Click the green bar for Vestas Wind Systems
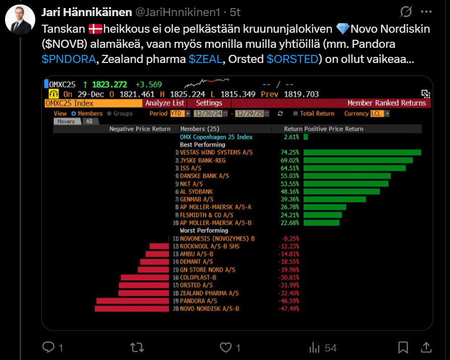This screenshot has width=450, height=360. [x=362, y=153]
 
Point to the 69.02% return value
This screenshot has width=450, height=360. [x=290, y=161]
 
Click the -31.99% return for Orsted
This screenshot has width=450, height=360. [x=289, y=285]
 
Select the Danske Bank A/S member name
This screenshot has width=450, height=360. [x=204, y=176]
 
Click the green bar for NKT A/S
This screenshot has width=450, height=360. [x=346, y=184]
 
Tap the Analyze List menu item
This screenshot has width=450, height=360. [x=165, y=103]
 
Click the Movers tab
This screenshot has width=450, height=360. [x=66, y=121]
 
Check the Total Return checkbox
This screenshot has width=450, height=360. [x=296, y=114]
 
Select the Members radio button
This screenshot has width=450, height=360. [x=73, y=114]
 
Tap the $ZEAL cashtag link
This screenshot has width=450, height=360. [x=205, y=59]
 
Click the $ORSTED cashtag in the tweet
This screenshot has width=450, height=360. [x=292, y=59]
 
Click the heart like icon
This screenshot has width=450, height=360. [x=226, y=347]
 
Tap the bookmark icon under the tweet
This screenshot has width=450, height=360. [x=403, y=347]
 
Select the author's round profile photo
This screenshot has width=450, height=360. [x=20, y=20]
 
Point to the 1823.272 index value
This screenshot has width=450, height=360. [x=109, y=85]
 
